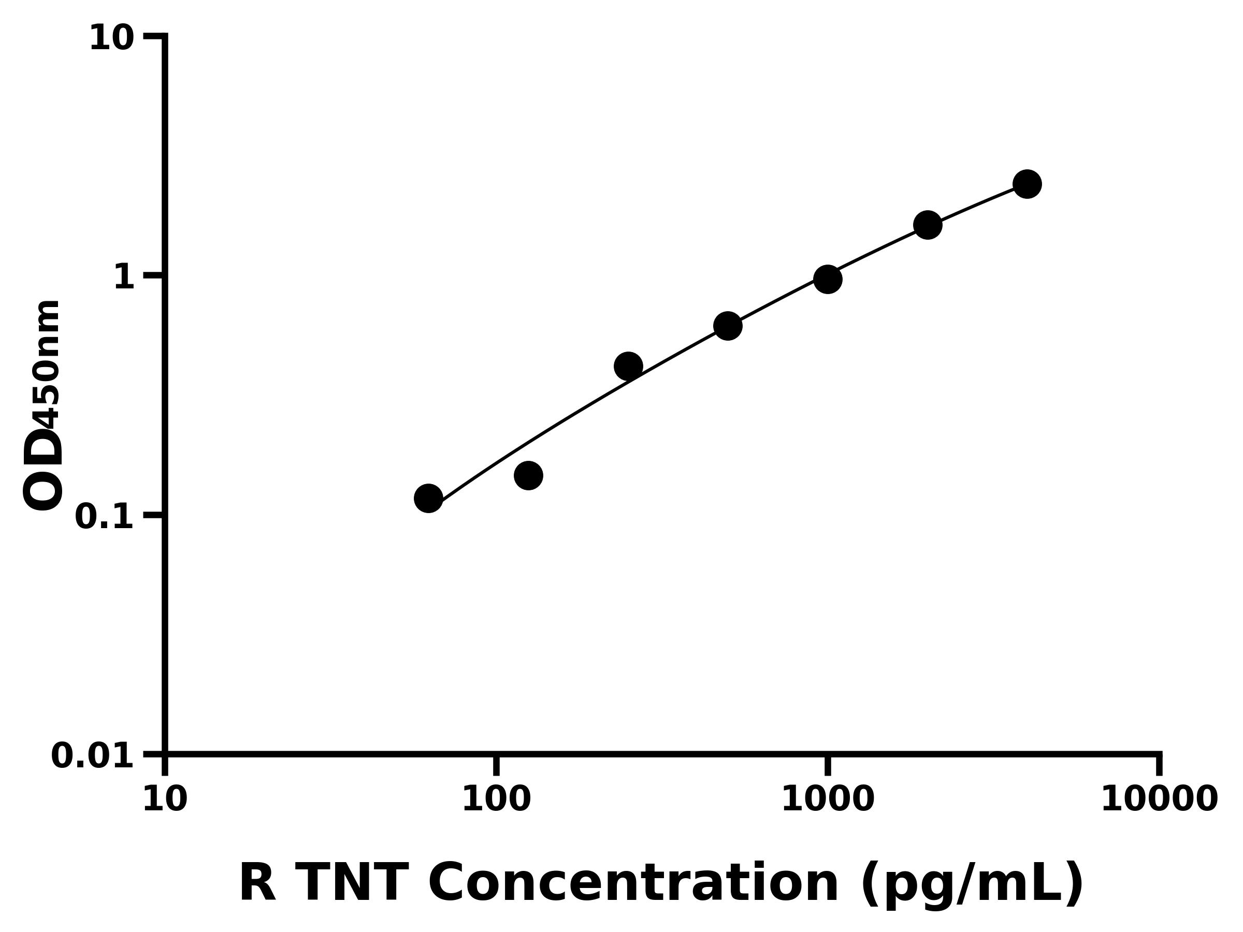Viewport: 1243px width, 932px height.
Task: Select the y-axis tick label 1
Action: point(124,277)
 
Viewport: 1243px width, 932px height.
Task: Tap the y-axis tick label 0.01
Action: point(92,755)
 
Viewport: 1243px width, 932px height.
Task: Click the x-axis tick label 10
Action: point(165,799)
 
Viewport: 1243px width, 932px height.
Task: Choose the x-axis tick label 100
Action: point(496,799)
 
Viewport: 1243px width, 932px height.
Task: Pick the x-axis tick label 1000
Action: point(827,799)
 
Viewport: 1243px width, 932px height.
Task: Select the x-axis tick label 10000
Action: point(1159,799)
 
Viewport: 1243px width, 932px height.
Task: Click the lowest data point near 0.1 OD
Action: point(428,498)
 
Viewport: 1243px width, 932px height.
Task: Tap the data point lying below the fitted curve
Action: point(528,476)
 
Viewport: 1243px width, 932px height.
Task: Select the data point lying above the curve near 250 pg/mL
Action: point(628,367)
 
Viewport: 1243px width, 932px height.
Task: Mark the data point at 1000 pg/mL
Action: point(828,279)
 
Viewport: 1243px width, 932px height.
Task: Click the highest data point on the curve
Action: point(1027,184)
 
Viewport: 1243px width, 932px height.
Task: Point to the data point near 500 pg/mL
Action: point(728,326)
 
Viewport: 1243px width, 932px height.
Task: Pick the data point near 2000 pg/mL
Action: point(928,225)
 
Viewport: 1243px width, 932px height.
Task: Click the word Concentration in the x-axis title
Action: point(633,884)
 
